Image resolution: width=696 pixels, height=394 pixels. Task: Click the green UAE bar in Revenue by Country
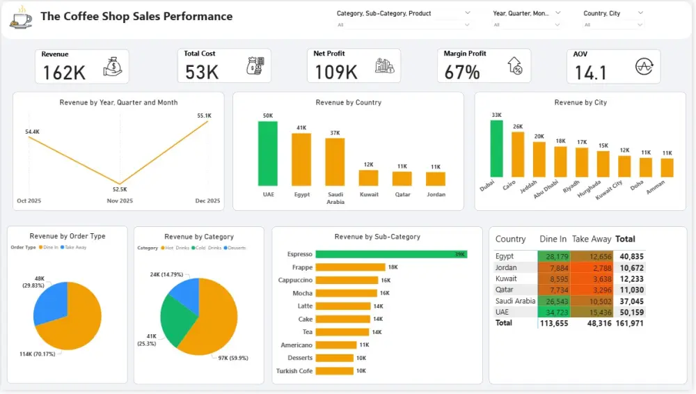point(268,153)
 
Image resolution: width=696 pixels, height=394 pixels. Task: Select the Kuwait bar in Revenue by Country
point(369,178)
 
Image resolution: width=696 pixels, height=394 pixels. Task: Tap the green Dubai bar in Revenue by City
point(496,148)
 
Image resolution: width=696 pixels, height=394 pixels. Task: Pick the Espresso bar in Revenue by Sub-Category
point(390,255)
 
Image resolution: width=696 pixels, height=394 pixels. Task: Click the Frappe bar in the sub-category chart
point(350,267)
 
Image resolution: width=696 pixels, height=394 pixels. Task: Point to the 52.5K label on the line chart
point(120,189)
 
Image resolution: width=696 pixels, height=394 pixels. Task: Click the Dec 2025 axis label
point(207,200)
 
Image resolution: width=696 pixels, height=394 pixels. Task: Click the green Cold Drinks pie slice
point(172,319)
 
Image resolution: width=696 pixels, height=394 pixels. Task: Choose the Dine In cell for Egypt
point(554,256)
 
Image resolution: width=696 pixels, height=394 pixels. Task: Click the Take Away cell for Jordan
point(592,267)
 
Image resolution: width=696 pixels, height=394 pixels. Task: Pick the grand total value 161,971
point(630,323)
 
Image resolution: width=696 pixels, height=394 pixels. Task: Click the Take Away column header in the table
point(592,239)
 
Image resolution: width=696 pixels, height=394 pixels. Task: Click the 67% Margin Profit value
point(462,72)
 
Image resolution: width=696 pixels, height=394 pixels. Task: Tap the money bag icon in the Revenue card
point(113,67)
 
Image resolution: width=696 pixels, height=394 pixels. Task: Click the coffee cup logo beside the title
point(20,17)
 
